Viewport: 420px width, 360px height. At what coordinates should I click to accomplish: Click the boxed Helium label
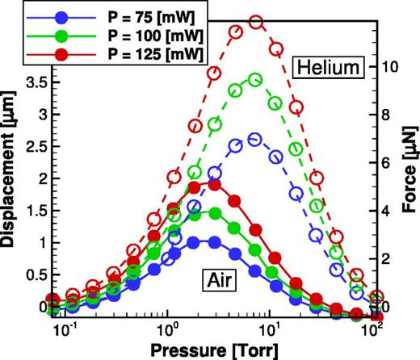[x=325, y=67]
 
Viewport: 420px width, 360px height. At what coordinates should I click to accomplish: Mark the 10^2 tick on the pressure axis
[x=372, y=329]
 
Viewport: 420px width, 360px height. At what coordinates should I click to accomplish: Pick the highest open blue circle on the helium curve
[x=255, y=140]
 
